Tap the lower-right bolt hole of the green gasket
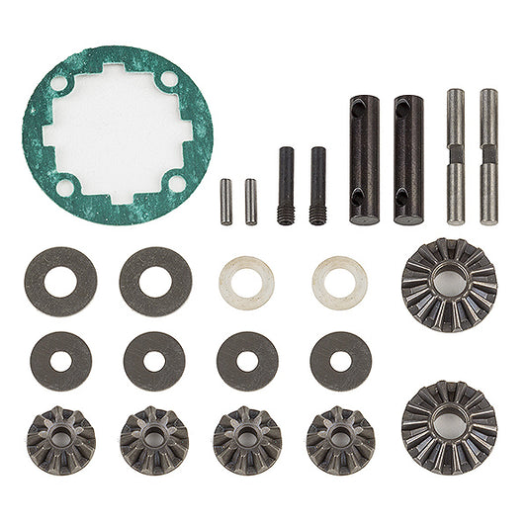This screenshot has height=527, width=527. pyautogui.click(x=176, y=182)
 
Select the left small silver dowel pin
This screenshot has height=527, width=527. pyautogui.click(x=226, y=201)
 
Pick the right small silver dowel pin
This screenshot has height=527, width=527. pyautogui.click(x=251, y=201)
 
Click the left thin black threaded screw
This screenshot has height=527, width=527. pyautogui.click(x=286, y=186)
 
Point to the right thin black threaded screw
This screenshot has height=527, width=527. pyautogui.click(x=317, y=186)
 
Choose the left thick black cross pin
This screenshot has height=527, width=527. pyautogui.click(x=363, y=158)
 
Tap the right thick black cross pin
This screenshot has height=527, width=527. pyautogui.click(x=407, y=158)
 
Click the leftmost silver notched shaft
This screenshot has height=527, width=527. pyautogui.click(x=455, y=156)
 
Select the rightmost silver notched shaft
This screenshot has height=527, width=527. pyautogui.click(x=488, y=156)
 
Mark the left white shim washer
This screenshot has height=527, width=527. pyautogui.click(x=246, y=280)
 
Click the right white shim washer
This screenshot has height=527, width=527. pyautogui.click(x=339, y=280)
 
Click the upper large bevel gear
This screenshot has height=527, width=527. pyautogui.click(x=449, y=285)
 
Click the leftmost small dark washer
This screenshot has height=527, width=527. pyautogui.click(x=60, y=361)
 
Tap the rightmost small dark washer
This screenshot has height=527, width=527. pyautogui.click(x=340, y=361)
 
